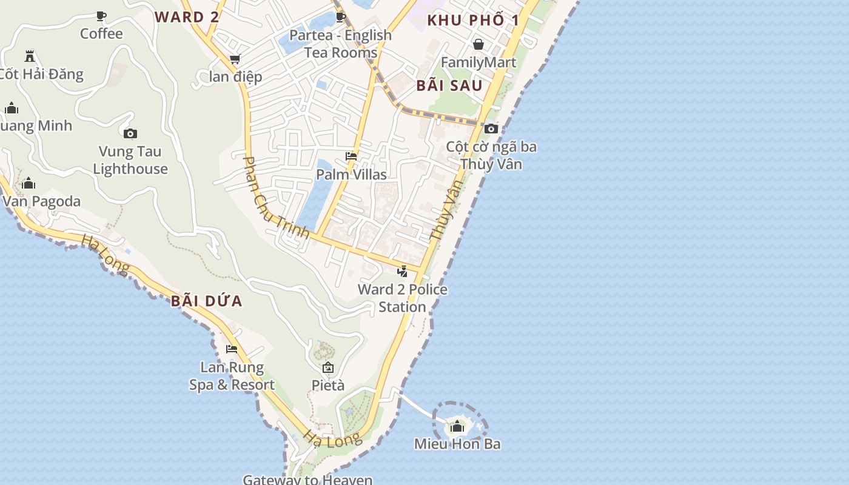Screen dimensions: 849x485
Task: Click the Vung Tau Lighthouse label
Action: tap(130, 160)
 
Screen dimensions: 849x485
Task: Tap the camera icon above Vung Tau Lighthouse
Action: tap(130, 134)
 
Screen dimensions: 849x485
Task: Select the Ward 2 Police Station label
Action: tap(403, 298)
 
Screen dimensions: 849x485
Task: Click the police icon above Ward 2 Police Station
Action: tap(402, 271)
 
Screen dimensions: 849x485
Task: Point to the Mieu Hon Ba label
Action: tap(457, 444)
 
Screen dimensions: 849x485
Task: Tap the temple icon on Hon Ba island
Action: tap(457, 427)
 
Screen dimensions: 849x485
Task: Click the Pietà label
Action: tap(328, 385)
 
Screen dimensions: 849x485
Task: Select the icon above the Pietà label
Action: tap(328, 367)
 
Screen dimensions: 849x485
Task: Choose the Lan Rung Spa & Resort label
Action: tap(232, 376)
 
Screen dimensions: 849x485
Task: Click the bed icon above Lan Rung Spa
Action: tap(232, 349)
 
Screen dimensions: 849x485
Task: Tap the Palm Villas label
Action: tap(351, 175)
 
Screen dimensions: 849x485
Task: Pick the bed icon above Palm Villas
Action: tap(351, 156)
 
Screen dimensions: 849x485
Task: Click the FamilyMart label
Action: tap(478, 62)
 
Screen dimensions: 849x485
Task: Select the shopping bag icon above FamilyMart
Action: tap(478, 44)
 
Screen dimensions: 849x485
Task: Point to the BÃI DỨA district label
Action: tap(206, 301)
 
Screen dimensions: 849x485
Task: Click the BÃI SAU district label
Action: tap(449, 85)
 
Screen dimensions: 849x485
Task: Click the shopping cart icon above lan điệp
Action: tap(235, 59)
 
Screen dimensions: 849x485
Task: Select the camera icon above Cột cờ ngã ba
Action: tap(491, 129)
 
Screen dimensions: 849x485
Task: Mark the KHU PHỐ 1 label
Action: tap(473, 20)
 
